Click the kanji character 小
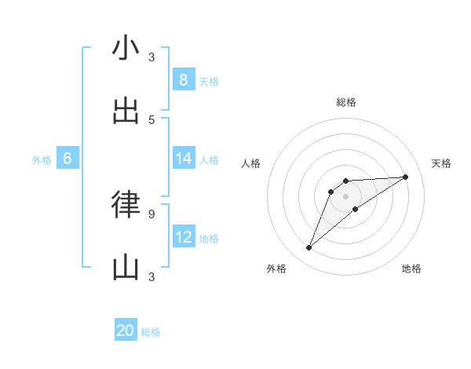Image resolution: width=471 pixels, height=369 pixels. tap(126, 49)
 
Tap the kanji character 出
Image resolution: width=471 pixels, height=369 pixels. tap(126, 111)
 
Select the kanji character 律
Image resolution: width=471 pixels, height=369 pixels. tap(126, 204)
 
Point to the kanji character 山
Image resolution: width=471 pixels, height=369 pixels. tap(126, 269)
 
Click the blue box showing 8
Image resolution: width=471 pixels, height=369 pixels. tap(183, 79)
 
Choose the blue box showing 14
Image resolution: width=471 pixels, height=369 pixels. tap(183, 159)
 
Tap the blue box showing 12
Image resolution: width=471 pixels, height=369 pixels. tap(183, 236)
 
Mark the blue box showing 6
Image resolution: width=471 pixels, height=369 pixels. tap(68, 159)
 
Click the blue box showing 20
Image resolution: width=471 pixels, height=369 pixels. tap(126, 331)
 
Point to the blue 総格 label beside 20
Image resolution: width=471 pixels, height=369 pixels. tap(151, 332)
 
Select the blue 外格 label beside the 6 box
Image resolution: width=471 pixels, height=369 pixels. tap(42, 160)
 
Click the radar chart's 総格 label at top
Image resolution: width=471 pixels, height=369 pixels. tap(346, 102)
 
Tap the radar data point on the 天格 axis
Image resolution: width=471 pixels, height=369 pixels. tap(405, 177)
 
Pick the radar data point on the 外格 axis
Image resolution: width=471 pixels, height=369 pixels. tap(309, 248)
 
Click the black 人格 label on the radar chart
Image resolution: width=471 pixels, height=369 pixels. tap(251, 163)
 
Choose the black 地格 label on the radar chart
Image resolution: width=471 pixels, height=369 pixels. tap(411, 269)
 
